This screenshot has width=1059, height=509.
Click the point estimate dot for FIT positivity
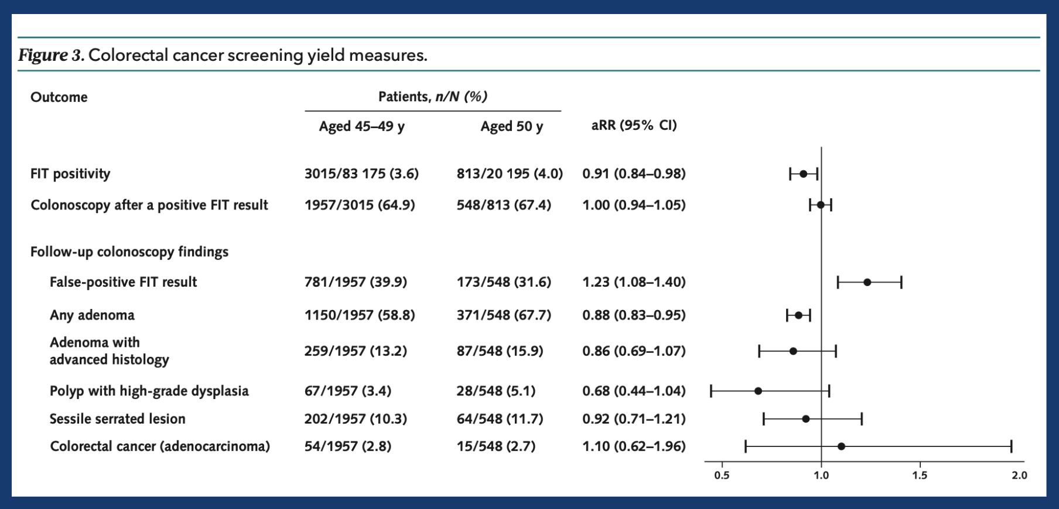803,174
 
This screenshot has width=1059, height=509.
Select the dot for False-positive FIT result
867,283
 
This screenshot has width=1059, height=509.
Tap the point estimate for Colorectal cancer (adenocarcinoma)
841,446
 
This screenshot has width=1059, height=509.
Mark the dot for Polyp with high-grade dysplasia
758,391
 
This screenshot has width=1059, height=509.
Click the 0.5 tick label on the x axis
722,476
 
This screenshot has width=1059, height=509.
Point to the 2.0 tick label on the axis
1019,476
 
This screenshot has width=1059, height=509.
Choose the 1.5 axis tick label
920,476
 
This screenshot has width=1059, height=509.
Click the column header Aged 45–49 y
361,126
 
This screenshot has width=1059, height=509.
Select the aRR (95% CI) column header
634,125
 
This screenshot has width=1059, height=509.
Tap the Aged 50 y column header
511,126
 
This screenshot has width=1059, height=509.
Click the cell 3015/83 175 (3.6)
361,174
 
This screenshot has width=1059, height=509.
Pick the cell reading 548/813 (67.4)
504,205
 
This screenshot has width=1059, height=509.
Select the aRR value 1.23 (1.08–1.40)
634,282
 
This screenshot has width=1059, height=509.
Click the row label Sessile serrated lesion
117,419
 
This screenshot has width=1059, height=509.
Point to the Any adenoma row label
92,315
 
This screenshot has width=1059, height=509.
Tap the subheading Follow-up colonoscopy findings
129,252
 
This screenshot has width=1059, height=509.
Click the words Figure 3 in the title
51,55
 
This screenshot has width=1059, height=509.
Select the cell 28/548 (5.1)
496,391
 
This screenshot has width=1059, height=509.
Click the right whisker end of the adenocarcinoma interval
1011,447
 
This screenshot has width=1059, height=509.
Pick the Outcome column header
59,97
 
